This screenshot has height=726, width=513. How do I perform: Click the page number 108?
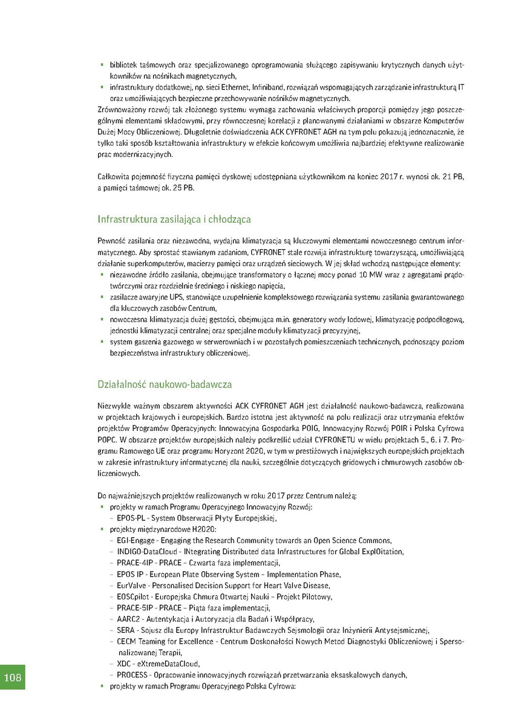tap(13, 677)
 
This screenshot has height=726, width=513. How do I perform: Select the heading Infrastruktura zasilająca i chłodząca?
tap(174, 218)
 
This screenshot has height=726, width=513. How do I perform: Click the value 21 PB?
tap(454, 176)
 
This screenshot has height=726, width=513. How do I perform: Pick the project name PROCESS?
tap(132, 675)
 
